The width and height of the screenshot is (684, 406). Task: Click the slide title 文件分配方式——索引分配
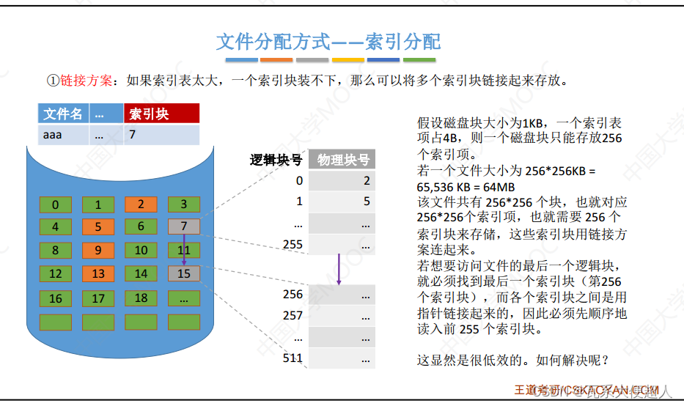(328, 42)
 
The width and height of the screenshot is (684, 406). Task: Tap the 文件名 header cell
(62, 114)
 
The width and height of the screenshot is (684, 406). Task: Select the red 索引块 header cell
(161, 114)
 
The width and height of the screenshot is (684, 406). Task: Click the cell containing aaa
(62, 135)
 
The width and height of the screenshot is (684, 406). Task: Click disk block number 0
(56, 205)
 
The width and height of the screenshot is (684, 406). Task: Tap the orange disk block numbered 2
(141, 205)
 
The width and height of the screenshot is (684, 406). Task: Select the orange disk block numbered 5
(98, 227)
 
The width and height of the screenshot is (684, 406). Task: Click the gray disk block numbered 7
(183, 227)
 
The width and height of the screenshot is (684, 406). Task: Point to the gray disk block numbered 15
(183, 274)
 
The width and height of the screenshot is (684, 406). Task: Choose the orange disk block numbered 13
(98, 274)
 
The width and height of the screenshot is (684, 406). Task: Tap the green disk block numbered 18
(141, 298)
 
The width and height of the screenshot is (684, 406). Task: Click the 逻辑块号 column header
(276, 160)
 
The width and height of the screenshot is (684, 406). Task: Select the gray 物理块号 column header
(342, 160)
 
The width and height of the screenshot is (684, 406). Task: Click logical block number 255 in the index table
(293, 244)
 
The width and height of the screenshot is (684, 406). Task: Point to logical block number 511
(293, 358)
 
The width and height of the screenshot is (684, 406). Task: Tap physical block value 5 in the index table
(366, 202)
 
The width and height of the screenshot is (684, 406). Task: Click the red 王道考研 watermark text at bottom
(532, 389)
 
